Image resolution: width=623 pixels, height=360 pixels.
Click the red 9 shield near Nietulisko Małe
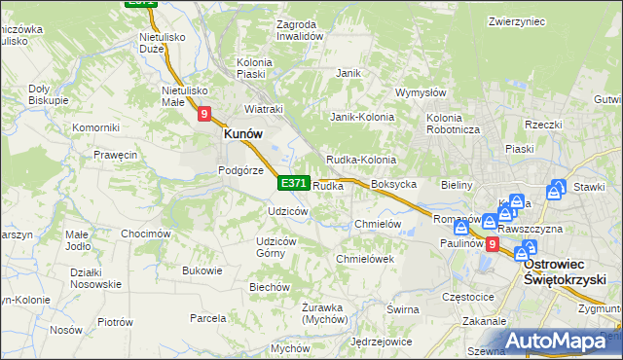[204, 114]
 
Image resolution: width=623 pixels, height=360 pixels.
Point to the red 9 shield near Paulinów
[493, 244]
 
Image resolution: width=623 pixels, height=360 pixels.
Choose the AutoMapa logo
[562, 341]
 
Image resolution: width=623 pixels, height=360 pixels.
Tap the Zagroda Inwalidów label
[299, 29]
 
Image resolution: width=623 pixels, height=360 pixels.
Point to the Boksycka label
[394, 184]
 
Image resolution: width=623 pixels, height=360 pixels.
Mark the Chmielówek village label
[364, 259]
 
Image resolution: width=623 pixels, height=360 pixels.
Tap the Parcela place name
[208, 318]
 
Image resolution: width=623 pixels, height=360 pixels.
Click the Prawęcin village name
[115, 155]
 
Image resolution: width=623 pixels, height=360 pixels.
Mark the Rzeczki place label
[543, 125]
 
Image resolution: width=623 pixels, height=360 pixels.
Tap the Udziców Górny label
[275, 247]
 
